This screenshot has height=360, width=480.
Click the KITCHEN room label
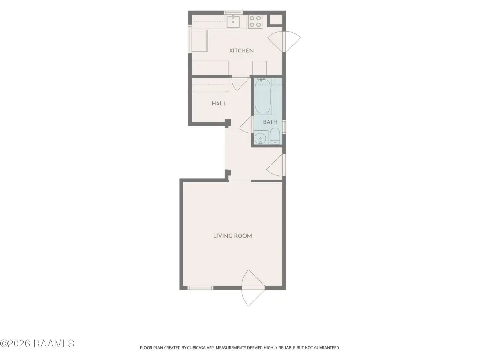click(x=241, y=51)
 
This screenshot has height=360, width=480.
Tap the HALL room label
click(x=219, y=104)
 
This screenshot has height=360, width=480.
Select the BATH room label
click(x=270, y=122)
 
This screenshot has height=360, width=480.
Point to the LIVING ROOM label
click(x=232, y=236)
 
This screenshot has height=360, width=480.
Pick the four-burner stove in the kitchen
click(x=255, y=22)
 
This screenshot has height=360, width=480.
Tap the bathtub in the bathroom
click(x=262, y=96)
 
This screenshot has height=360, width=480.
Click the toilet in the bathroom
click(x=275, y=136)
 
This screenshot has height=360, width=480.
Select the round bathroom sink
click(x=261, y=137)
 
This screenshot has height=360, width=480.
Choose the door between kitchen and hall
click(x=240, y=82)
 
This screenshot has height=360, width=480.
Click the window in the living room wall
click(x=200, y=288)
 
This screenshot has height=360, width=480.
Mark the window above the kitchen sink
click(x=233, y=13)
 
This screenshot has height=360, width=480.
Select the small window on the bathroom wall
click(x=284, y=127)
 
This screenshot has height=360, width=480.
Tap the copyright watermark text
click(x=37, y=344)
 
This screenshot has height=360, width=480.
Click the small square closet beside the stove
click(x=275, y=20)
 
